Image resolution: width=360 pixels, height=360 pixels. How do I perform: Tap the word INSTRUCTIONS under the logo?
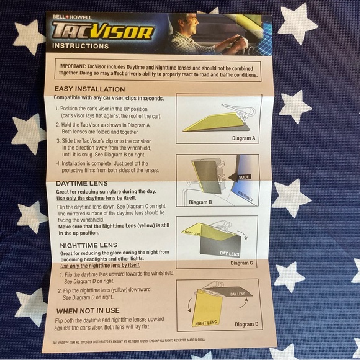pyautogui.click(x=81, y=46)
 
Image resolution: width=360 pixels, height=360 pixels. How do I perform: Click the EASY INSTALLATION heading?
pyautogui.click(x=89, y=89)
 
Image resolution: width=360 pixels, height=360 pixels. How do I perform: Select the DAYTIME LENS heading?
pyautogui.click(x=82, y=184)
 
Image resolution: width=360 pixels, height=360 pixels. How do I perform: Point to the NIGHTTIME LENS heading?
pyautogui.click(x=89, y=245)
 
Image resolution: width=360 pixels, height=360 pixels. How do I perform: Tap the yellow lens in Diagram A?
pyautogui.click(x=211, y=122)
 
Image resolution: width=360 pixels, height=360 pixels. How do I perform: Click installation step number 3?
pyautogui.click(x=56, y=141)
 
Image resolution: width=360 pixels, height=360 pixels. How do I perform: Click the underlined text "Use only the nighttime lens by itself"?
pyautogui.click(x=101, y=265)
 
